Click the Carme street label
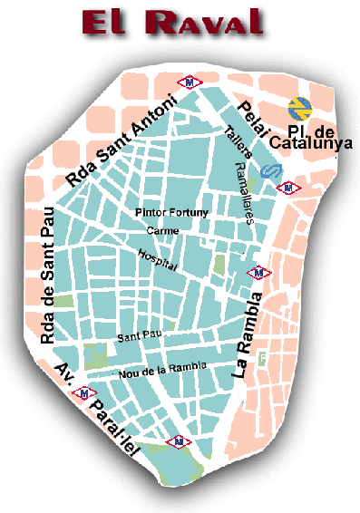point(167,231)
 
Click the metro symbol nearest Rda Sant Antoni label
point(189,80)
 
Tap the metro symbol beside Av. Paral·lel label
point(84,393)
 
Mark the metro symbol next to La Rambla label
point(259,272)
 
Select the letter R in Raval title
point(164,22)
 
